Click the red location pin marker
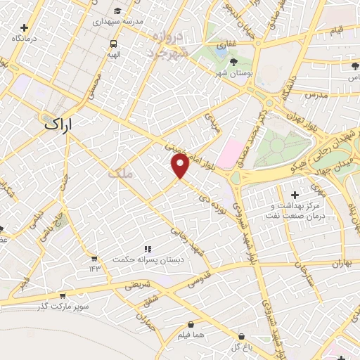[181, 166]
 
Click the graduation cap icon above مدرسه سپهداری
[117, 11]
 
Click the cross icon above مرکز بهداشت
[294, 193]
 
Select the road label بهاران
[338, 264]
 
